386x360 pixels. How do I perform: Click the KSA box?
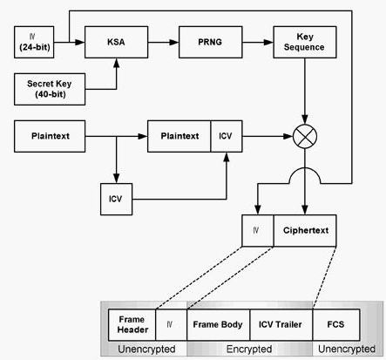pos(116,42)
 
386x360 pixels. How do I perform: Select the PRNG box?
pos(211,42)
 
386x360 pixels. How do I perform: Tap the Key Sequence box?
pos(305,42)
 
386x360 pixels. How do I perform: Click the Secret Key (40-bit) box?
pos(50,89)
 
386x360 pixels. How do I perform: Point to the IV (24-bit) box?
pos(34,42)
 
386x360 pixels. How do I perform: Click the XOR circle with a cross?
pos(305,136)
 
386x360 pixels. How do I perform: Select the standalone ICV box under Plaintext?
pos(116,199)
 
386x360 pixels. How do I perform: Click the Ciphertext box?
pos(305,231)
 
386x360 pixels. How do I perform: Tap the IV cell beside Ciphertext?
pos(258,231)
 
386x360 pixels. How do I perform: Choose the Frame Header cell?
pos(132,325)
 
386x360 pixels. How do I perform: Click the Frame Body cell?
pos(218,325)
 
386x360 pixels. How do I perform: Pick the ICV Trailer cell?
pos(281,325)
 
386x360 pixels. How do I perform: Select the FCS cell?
pos(336,325)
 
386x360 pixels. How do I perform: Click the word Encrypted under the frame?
pos(249,349)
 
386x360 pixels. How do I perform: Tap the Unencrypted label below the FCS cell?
pos(347,349)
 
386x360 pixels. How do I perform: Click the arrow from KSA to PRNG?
pos(163,43)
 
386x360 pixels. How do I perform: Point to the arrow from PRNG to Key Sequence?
pos(258,43)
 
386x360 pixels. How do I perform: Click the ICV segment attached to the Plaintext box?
pos(227,136)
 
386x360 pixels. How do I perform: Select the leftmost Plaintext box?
pos(50,136)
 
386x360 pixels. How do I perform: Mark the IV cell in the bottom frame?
pos(172,325)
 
